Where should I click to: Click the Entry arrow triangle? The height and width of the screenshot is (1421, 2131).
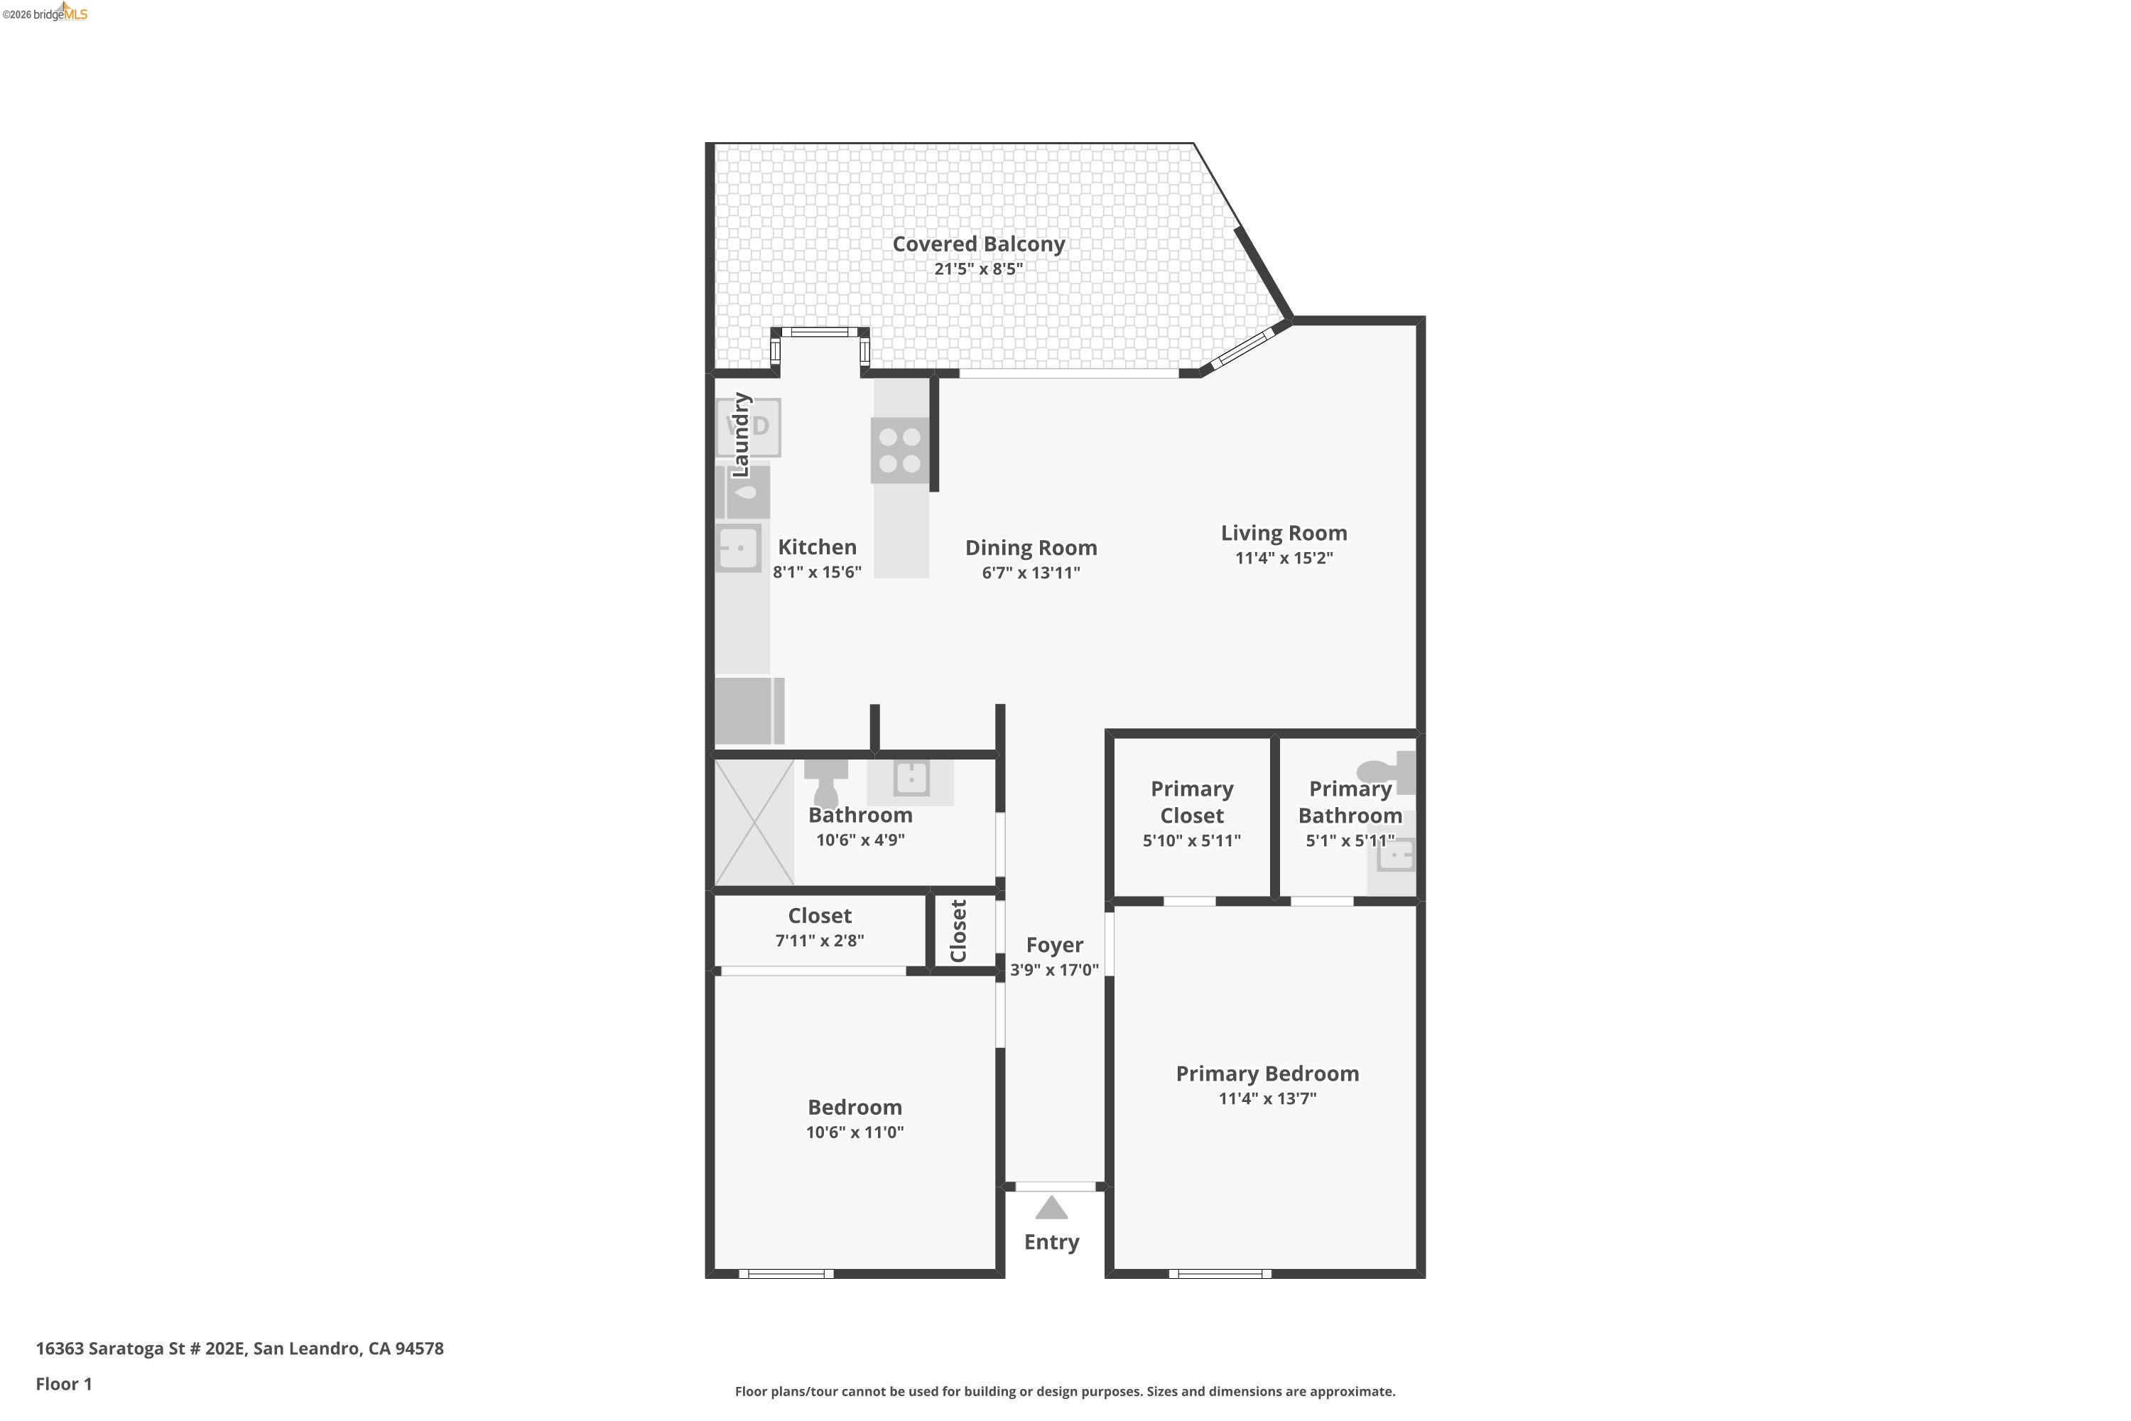(x=1051, y=1208)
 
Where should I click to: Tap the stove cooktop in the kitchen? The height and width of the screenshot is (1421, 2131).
(x=900, y=450)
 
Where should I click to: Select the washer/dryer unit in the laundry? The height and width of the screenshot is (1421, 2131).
(x=749, y=427)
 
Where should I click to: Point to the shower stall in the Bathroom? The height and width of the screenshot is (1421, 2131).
(x=754, y=822)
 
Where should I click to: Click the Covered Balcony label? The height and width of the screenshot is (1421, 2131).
(x=979, y=244)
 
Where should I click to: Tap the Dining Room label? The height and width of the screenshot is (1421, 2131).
(x=1031, y=547)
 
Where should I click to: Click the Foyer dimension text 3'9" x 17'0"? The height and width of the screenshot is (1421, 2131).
(x=1055, y=970)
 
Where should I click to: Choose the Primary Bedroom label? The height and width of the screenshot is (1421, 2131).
(x=1267, y=1074)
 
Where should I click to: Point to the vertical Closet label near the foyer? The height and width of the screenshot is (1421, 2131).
(x=958, y=931)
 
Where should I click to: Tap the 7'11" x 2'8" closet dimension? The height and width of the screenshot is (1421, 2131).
(x=819, y=941)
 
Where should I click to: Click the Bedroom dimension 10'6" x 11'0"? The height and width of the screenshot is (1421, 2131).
(x=855, y=1132)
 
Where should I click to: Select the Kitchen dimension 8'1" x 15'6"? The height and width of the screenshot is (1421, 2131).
(x=816, y=573)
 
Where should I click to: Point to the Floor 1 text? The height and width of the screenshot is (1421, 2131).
(x=63, y=1384)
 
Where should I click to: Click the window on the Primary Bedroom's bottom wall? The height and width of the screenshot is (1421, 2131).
(x=1220, y=1273)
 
